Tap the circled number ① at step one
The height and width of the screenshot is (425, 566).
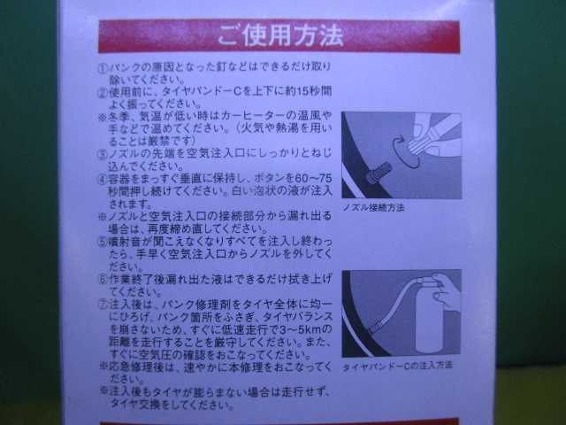coord(103,67)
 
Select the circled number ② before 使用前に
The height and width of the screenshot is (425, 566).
coord(103,92)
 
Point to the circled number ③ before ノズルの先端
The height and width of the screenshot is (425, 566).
coord(103,153)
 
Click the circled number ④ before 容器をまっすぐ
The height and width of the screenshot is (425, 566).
coord(103,178)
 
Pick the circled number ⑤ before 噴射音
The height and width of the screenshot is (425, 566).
coord(103,239)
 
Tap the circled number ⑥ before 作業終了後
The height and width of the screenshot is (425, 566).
coord(103,276)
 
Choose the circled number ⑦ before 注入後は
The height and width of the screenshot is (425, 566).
coord(103,303)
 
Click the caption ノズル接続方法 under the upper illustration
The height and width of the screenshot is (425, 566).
coord(372,207)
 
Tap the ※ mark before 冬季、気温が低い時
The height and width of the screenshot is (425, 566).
coord(103,117)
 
